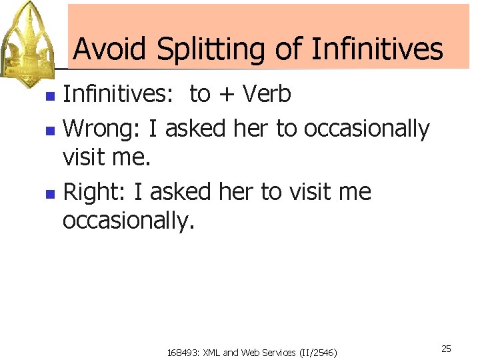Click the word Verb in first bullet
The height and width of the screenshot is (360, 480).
(266, 94)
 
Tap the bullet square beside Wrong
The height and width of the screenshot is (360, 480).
(49, 129)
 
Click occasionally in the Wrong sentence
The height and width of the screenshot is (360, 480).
(367, 128)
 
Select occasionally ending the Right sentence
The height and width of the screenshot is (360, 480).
(128, 221)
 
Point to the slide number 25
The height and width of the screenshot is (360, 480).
(447, 349)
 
